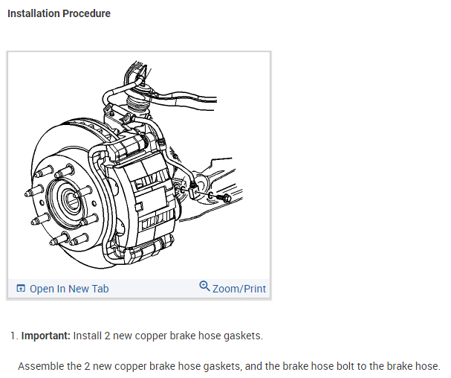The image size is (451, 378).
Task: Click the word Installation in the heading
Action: pos(33,13)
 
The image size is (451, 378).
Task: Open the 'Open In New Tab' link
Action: pos(68,289)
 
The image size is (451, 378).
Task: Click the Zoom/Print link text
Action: pos(239,289)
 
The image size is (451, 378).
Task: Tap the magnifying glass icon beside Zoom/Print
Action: pos(205,286)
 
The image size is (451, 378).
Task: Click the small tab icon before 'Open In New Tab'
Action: pos(20,289)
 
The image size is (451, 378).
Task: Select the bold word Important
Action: pos(45,336)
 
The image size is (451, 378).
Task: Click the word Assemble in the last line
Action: pos(39,366)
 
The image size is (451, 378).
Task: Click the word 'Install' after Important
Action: pos(87,336)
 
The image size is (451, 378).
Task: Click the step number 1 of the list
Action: pos(13,336)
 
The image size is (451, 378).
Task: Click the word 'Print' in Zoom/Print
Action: pos(253,289)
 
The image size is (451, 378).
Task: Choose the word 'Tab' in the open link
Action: pos(100,289)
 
